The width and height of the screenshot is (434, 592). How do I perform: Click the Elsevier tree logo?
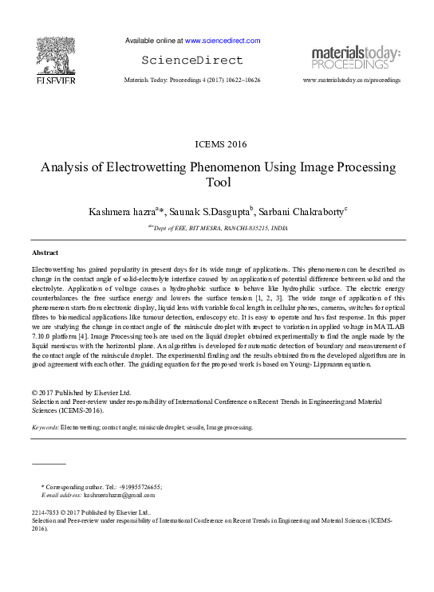tap(55, 55)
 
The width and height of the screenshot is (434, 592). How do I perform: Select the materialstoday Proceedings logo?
tap(356, 57)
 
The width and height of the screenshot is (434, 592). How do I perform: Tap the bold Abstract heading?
tap(45, 253)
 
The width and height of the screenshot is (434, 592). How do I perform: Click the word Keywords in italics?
tap(45, 428)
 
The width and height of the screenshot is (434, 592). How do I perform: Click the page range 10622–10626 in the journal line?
tap(239, 81)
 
